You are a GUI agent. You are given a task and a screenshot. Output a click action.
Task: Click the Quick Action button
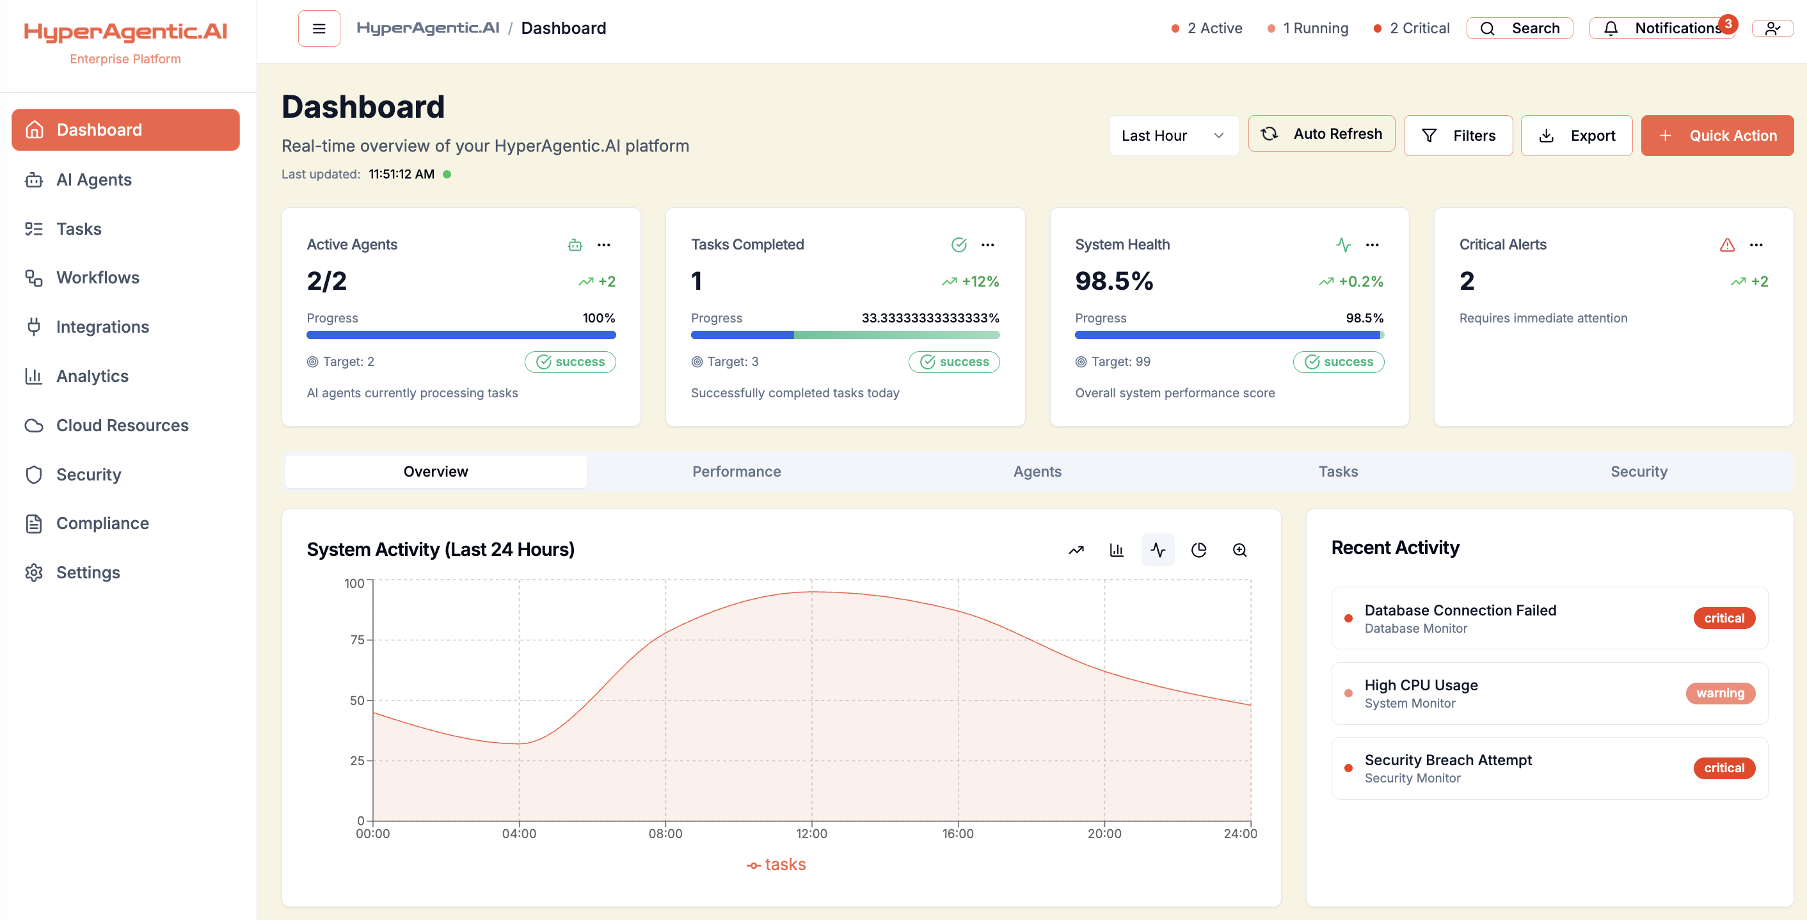(1717, 136)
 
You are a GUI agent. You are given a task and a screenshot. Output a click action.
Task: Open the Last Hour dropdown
(1173, 136)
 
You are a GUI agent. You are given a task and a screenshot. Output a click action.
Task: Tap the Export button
(1575, 136)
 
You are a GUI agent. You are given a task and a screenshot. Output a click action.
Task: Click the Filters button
(1458, 136)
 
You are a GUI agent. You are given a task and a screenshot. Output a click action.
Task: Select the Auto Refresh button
(1321, 133)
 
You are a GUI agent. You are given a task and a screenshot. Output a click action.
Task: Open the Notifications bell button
(1661, 28)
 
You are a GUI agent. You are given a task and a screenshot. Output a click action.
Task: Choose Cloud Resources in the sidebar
(122, 425)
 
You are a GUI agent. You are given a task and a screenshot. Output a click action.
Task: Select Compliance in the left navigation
(102, 523)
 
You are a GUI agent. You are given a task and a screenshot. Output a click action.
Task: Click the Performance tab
(736, 472)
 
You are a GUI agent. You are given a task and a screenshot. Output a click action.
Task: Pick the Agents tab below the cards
(1037, 472)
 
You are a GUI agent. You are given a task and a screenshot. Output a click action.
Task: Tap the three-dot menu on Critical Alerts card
(1756, 245)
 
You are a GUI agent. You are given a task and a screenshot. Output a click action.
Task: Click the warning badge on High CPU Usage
(1719, 693)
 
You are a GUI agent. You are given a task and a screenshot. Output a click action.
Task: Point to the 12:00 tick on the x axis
(811, 833)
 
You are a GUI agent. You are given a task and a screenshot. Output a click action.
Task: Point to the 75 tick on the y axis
(357, 640)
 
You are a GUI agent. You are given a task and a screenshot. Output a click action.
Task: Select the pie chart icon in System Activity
(1198, 550)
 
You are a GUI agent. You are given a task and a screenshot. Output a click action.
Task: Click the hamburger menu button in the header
(319, 28)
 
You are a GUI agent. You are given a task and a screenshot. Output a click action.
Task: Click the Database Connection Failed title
(1460, 610)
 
